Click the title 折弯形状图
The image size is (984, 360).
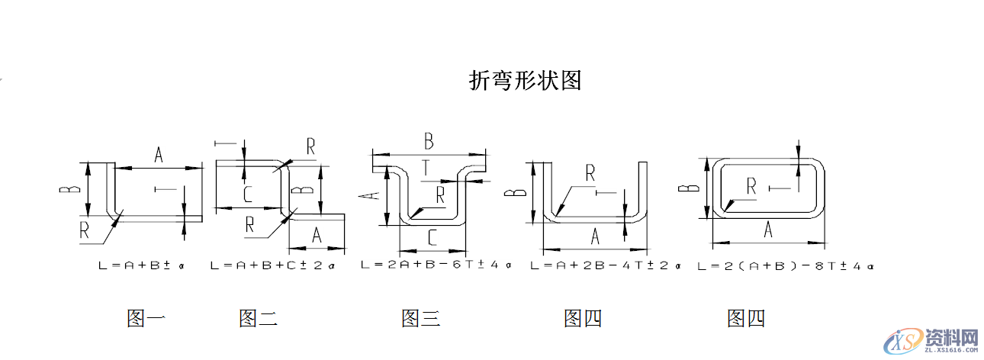(525, 80)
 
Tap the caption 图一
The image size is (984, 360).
(146, 318)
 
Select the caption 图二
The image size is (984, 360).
(258, 318)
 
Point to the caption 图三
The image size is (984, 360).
(421, 318)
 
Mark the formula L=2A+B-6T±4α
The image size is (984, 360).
(436, 265)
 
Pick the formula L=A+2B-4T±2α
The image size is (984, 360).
(604, 265)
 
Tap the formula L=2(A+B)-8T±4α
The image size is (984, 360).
(785, 266)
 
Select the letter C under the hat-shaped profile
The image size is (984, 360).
(432, 239)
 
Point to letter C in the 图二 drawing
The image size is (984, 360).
(248, 194)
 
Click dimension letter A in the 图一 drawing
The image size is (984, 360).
(159, 155)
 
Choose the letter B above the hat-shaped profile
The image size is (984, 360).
(429, 141)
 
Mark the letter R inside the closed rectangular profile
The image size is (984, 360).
(751, 185)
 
